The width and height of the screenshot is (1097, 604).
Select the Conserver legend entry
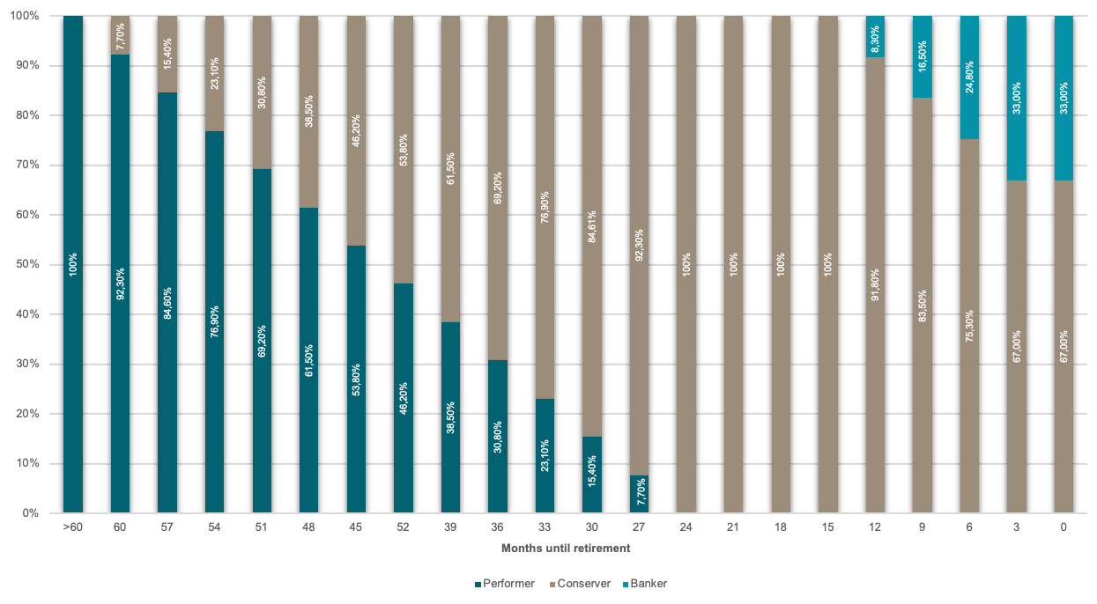[x=580, y=584]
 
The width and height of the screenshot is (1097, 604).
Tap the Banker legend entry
[x=650, y=584]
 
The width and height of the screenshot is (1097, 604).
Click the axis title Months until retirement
[x=566, y=548]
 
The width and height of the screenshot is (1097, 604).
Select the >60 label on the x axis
[x=72, y=527]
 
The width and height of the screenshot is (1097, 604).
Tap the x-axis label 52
[x=404, y=527]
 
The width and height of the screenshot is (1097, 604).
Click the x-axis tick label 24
[x=687, y=527]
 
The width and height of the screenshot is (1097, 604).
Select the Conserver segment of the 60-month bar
[x=120, y=34]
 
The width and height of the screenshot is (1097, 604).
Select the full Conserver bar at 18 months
[x=782, y=264]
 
